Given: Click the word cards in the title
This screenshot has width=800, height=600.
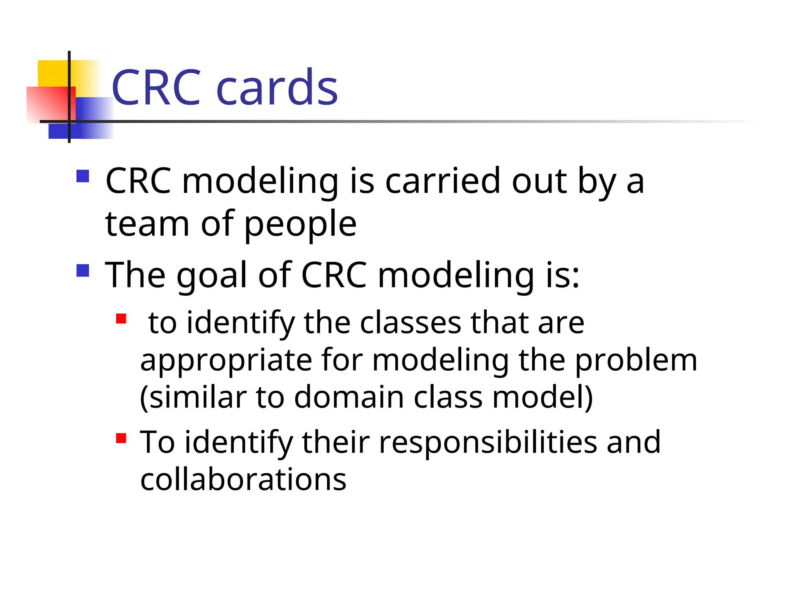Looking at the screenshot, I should [277, 87].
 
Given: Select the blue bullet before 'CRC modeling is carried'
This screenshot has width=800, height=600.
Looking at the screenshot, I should [83, 176].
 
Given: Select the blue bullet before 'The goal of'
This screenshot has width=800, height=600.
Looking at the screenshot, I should [83, 270].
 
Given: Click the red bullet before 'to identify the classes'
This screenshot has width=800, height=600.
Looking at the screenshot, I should [121, 319].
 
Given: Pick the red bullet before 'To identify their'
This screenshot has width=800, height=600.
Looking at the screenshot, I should [121, 438].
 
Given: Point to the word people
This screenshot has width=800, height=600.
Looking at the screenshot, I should [300, 225].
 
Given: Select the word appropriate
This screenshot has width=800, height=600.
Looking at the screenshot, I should [226, 361].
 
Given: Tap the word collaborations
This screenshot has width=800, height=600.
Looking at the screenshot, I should [243, 479].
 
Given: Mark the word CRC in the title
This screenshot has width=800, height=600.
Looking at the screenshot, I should [156, 87].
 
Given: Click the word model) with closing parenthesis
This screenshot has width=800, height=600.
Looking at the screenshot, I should [543, 397].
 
